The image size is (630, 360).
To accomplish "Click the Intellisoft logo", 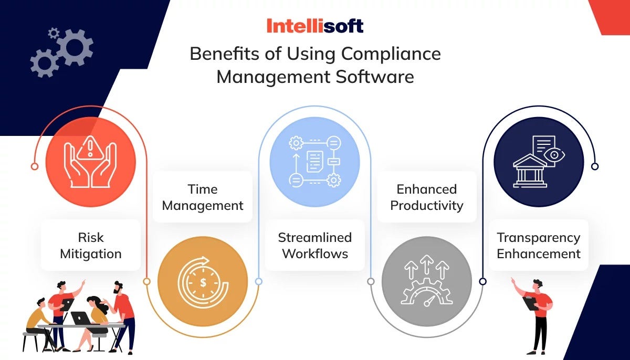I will pyautogui.click(x=314, y=26).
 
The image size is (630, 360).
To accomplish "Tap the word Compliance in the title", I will pyautogui.click(x=391, y=54).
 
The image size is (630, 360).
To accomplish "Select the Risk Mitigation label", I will pyautogui.click(x=91, y=246).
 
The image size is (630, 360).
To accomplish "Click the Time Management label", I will pyautogui.click(x=203, y=197).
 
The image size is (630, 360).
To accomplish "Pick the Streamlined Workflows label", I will pyautogui.click(x=314, y=245).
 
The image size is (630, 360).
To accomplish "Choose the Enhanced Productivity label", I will pyautogui.click(x=426, y=197).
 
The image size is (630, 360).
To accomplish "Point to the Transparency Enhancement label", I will pyautogui.click(x=539, y=245).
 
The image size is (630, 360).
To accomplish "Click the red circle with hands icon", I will pyautogui.click(x=90, y=162).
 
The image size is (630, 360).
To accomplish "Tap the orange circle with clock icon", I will pyautogui.click(x=203, y=282).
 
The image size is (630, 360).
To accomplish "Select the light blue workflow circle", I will pyautogui.click(x=314, y=162).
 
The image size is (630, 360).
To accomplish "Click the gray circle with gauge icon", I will pyautogui.click(x=426, y=282).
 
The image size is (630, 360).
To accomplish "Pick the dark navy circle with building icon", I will pyautogui.click(x=539, y=162).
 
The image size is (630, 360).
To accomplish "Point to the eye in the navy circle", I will pyautogui.click(x=555, y=155).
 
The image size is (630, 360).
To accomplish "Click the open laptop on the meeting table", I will pyautogui.click(x=80, y=318).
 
